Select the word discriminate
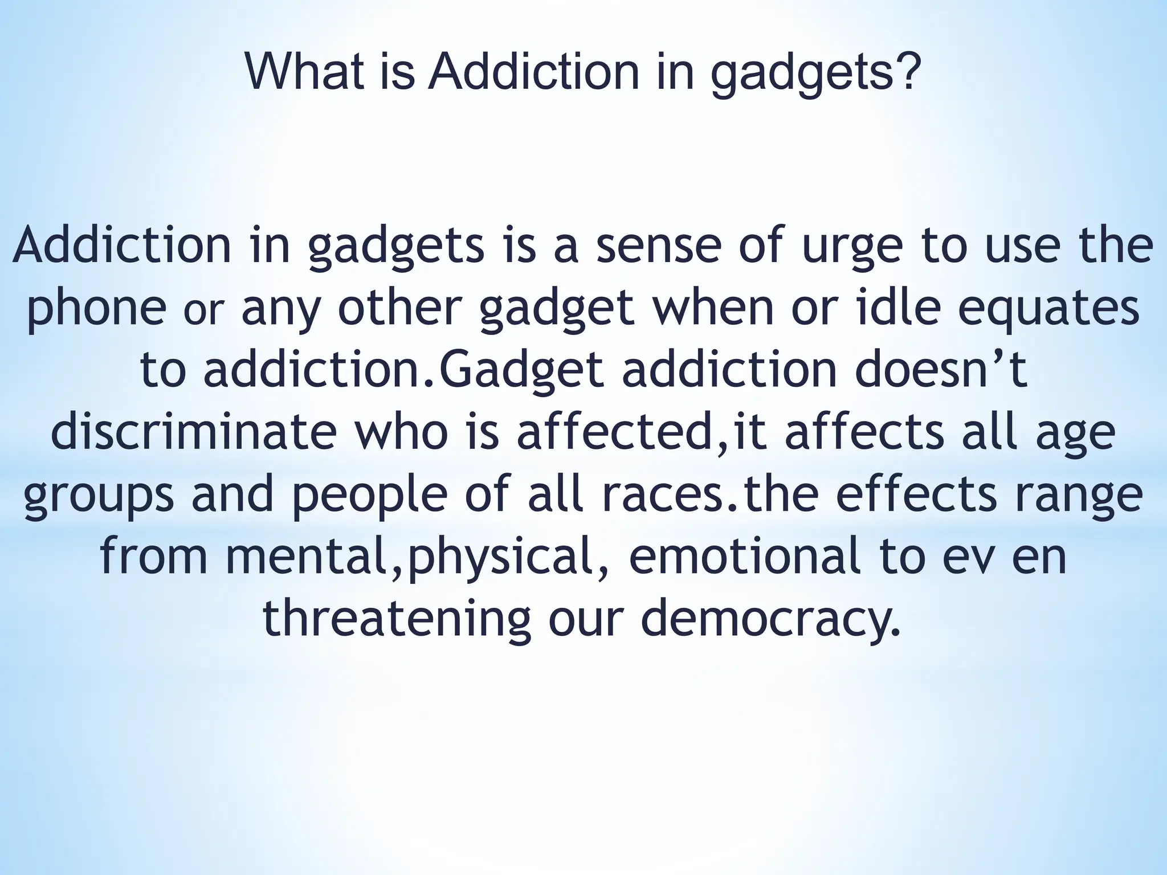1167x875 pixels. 194,432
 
